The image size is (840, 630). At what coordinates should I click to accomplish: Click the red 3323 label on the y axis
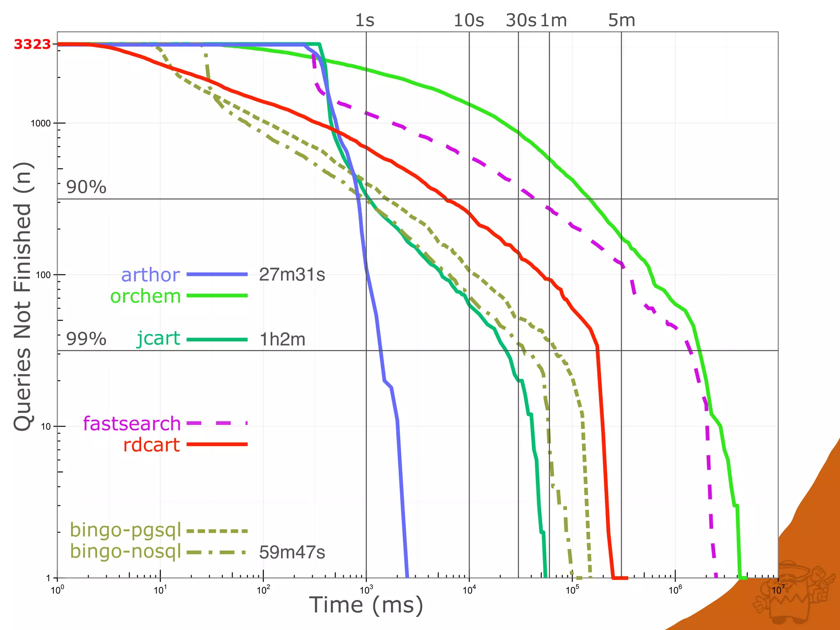(32, 44)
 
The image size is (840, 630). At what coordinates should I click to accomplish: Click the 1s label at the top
(365, 20)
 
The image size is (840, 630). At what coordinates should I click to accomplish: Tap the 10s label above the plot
(468, 20)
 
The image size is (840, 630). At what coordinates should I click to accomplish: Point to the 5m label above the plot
(621, 20)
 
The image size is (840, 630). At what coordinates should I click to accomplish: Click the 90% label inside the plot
(86, 187)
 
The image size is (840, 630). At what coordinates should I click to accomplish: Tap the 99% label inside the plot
(86, 339)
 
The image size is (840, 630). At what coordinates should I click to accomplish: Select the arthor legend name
(151, 275)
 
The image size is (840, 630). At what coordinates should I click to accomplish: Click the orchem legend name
(146, 296)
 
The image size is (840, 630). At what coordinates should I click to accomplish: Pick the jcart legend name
(158, 339)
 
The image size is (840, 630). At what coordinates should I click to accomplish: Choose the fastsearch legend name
(132, 423)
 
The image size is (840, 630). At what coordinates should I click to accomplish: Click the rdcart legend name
(151, 445)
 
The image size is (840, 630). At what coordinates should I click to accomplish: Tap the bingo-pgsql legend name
(126, 530)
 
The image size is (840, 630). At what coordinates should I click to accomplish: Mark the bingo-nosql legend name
(126, 551)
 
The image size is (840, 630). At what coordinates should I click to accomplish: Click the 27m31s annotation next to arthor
(292, 275)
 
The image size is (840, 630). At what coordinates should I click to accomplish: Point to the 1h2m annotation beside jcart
(283, 340)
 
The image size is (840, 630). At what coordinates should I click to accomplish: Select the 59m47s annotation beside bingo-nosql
(292, 552)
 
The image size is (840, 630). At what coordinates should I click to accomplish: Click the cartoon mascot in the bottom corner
(794, 591)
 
